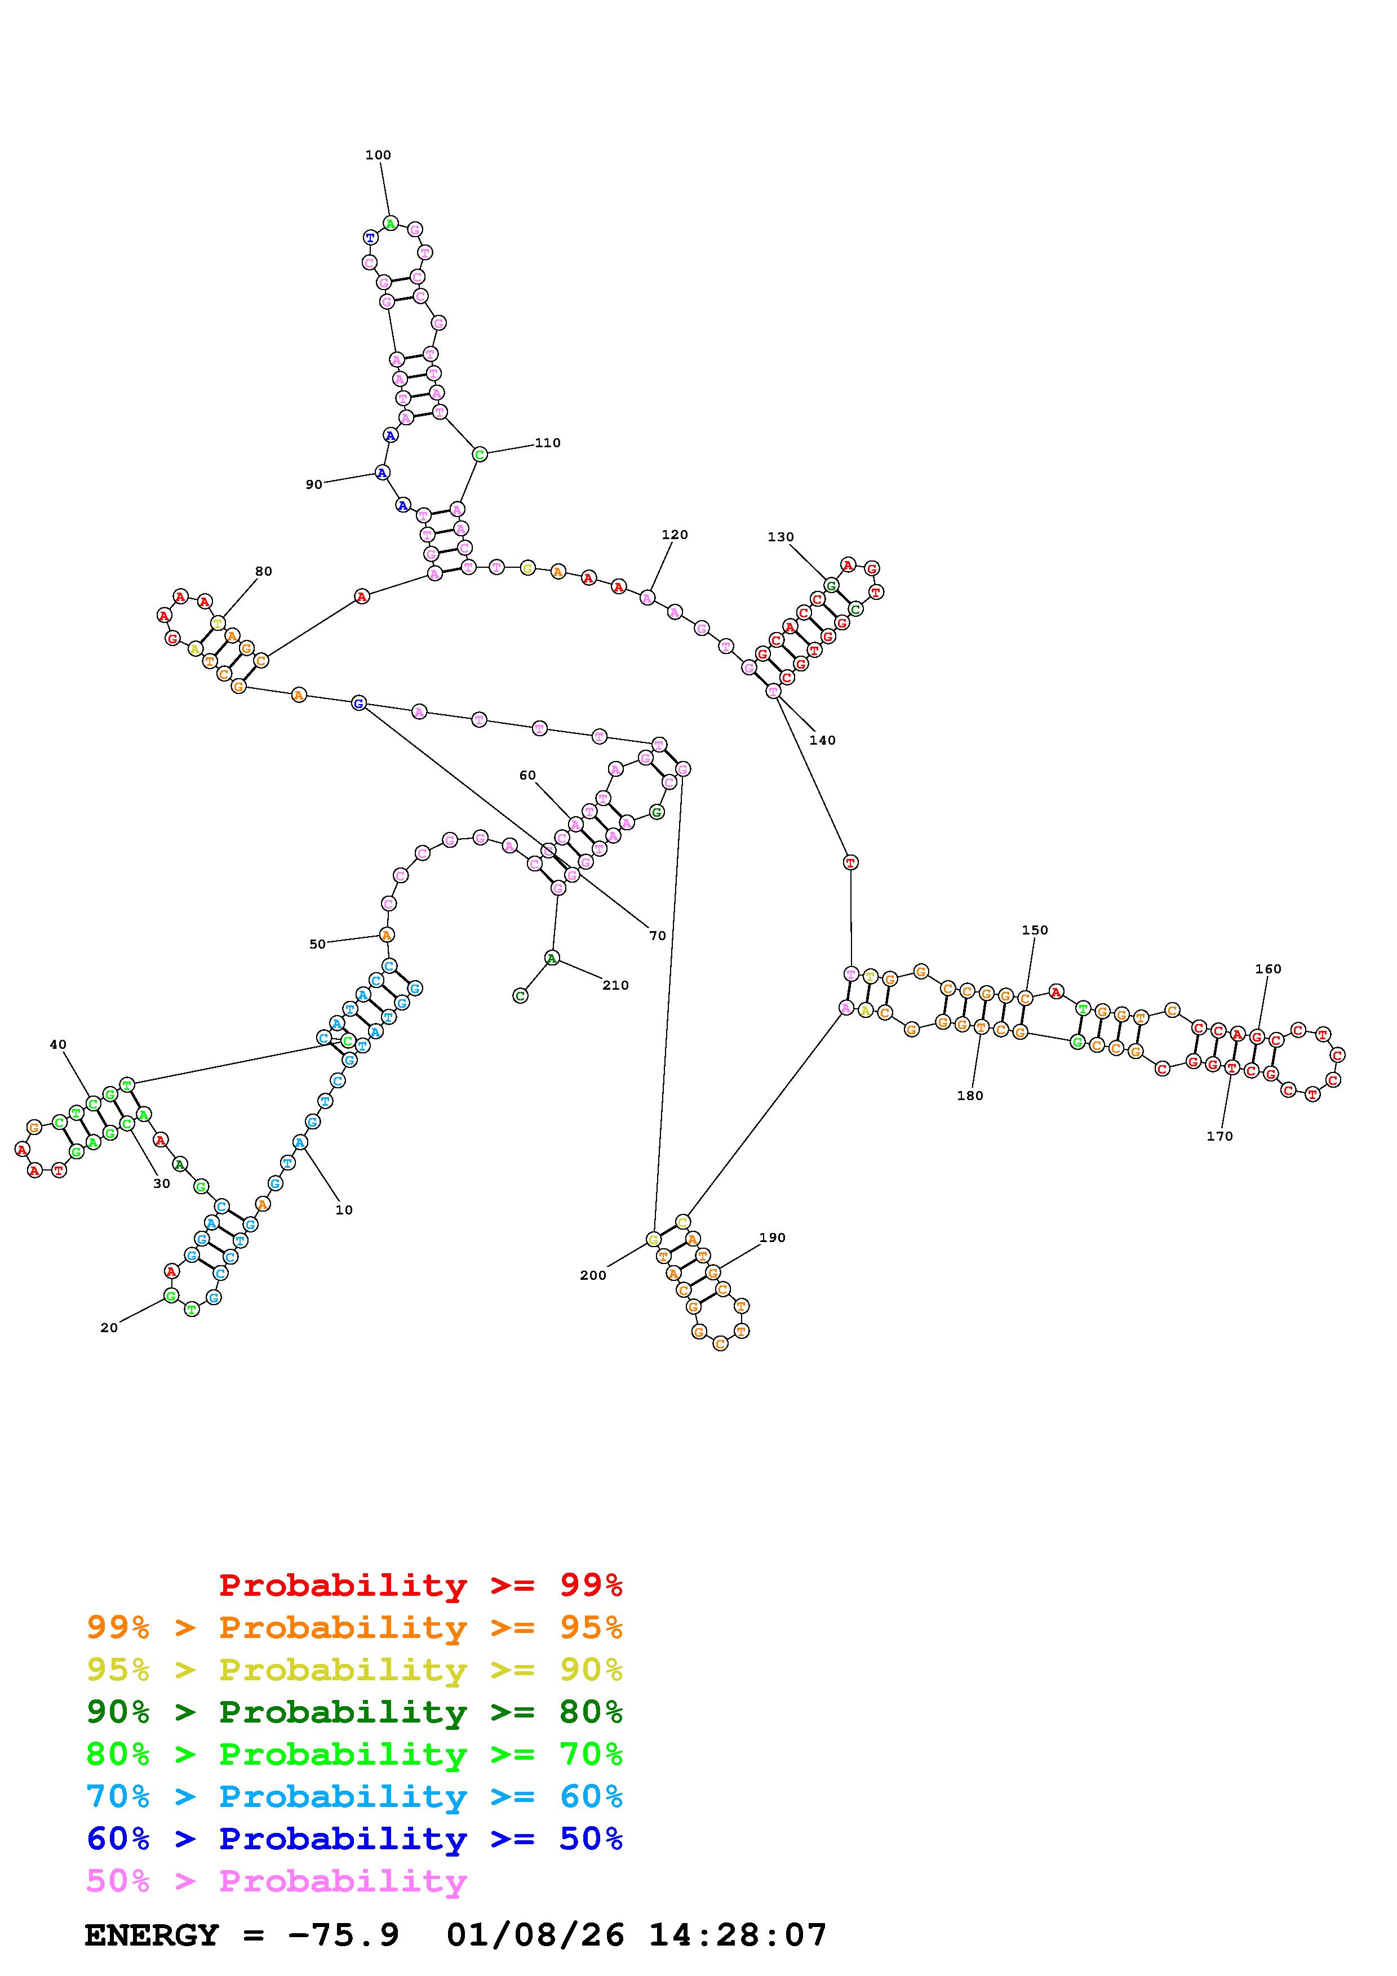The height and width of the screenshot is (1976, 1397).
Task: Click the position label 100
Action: (x=378, y=155)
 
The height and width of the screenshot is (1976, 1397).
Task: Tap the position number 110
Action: (x=547, y=443)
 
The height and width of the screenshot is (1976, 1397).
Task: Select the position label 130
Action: (x=780, y=537)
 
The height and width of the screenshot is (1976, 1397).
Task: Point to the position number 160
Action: (x=1268, y=969)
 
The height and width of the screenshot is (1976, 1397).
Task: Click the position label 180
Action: (x=969, y=1096)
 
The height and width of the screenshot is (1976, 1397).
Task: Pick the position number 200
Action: (x=593, y=1275)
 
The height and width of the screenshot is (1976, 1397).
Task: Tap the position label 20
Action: (x=109, y=1328)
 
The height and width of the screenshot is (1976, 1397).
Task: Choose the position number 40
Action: (x=57, y=1045)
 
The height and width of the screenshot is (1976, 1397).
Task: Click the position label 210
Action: (x=615, y=985)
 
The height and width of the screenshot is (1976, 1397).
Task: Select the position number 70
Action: (x=658, y=936)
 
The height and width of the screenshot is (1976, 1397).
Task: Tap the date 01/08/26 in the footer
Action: (x=535, y=1935)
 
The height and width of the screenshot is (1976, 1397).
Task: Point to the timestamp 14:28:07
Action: (x=738, y=1935)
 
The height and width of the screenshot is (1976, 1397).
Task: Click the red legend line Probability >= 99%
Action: (x=421, y=1585)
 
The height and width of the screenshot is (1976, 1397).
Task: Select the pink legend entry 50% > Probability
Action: (x=277, y=1881)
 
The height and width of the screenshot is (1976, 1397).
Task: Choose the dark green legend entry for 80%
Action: (x=354, y=1712)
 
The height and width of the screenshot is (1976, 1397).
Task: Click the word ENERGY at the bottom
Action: (x=152, y=1935)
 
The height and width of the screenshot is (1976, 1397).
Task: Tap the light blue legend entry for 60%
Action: (x=354, y=1797)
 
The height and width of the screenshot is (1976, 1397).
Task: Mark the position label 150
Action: (x=1035, y=931)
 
